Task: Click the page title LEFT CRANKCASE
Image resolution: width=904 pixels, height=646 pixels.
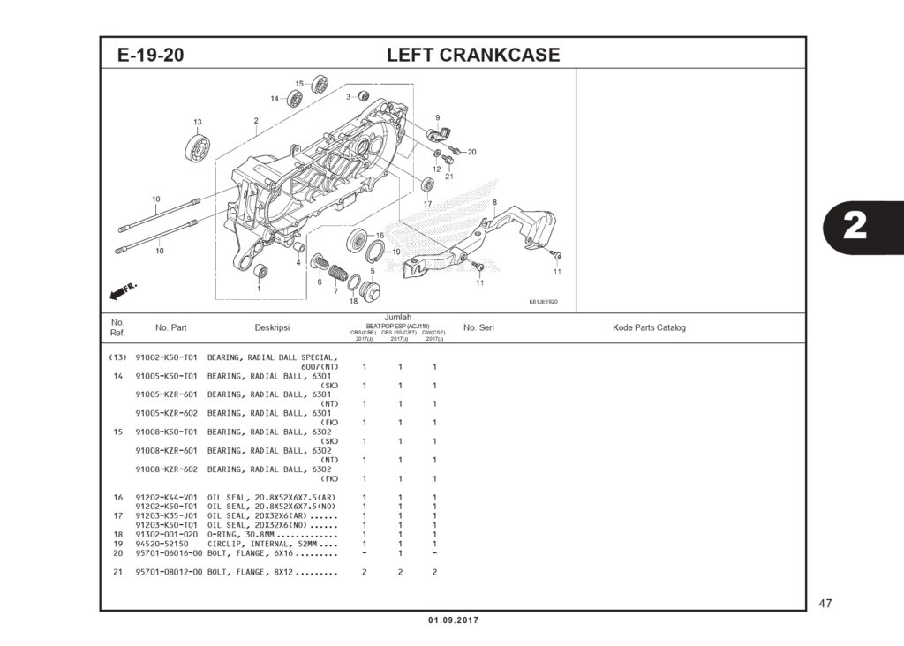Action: click(473, 55)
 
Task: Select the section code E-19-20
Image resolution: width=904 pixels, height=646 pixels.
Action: click(150, 55)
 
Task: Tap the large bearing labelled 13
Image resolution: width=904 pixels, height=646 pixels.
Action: click(196, 147)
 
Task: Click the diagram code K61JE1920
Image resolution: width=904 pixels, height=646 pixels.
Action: click(543, 302)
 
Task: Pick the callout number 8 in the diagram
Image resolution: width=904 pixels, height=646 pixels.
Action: click(494, 203)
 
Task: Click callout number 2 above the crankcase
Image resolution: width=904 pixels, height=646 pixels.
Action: click(256, 121)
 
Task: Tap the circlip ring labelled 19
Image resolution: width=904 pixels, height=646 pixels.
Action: click(373, 254)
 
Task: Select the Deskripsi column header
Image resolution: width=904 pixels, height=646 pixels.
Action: click(272, 328)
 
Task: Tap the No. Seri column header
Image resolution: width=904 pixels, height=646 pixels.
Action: click(478, 328)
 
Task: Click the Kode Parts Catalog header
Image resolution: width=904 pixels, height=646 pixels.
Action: click(649, 328)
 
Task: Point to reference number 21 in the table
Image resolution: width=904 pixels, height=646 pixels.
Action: click(117, 572)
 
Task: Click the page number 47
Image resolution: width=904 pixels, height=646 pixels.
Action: click(825, 605)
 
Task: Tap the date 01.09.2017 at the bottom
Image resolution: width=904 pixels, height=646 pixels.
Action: click(453, 620)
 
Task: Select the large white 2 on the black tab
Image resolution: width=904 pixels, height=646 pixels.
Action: click(855, 227)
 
